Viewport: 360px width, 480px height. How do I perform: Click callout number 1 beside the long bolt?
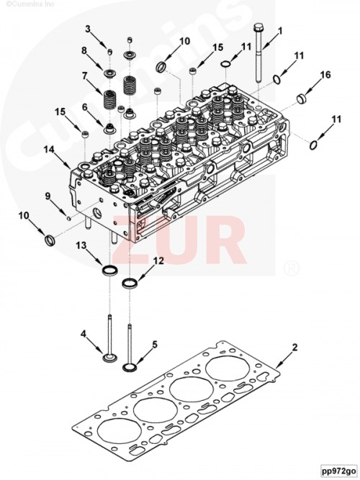280,31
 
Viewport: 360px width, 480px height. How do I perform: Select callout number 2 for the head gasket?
294,347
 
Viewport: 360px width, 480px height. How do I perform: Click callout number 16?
325,74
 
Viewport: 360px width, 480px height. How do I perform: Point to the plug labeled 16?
302,99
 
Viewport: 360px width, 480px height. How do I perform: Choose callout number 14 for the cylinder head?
48,150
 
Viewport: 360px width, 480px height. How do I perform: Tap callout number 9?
48,196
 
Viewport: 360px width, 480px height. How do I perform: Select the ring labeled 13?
109,271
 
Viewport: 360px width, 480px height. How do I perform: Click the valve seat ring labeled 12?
130,283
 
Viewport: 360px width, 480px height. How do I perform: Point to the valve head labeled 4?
109,357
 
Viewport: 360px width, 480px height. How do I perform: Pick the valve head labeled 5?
130,367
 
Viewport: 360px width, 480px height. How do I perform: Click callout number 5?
155,345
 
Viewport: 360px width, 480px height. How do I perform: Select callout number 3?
88,29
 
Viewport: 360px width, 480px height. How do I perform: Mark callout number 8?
84,50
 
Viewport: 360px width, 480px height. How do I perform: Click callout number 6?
84,107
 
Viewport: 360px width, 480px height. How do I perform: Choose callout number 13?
81,245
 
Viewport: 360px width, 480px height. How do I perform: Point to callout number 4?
83,334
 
